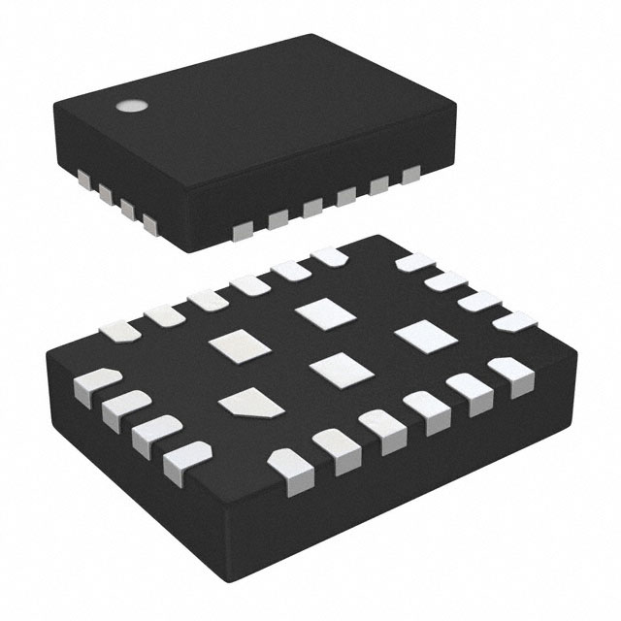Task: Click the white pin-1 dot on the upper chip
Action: pos(127,107)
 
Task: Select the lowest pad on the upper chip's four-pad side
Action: pos(149,226)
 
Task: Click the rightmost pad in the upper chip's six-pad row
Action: pos(410,175)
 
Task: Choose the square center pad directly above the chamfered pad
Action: pos(233,344)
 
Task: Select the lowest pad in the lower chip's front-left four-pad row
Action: pos(182,461)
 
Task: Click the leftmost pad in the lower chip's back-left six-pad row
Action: pos(123,331)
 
